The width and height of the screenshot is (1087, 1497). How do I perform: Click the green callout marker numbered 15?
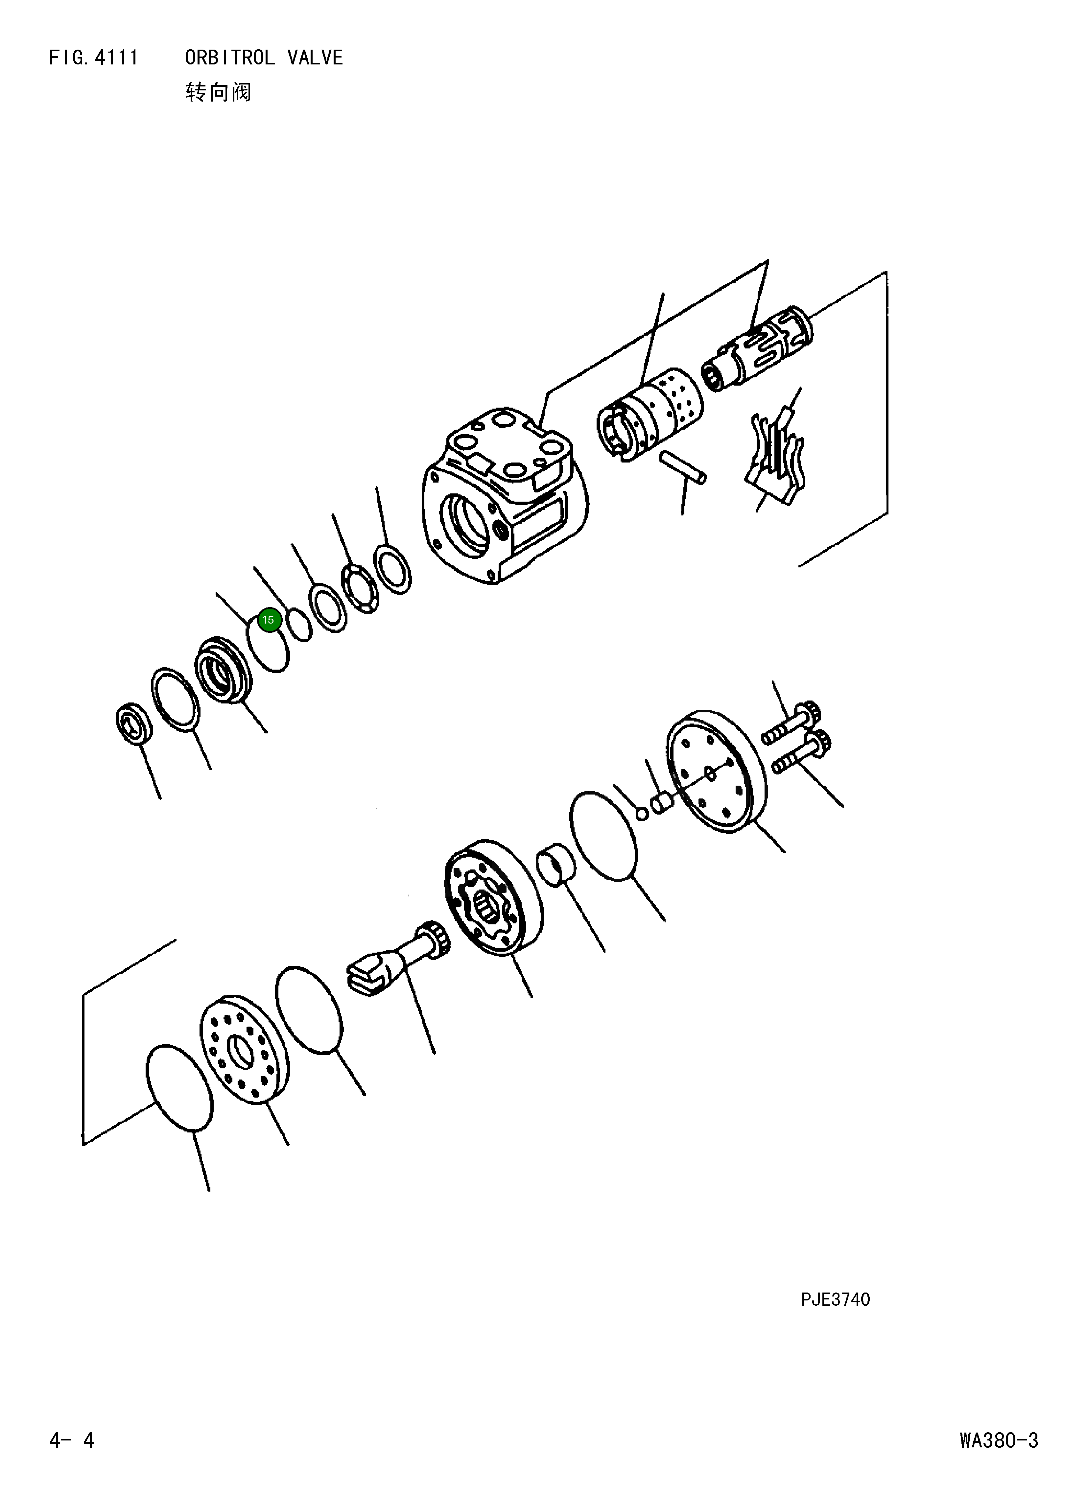coord(268,620)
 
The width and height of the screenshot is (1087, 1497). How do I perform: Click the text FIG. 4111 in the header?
coord(94,58)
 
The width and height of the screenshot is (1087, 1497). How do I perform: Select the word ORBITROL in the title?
coord(230,58)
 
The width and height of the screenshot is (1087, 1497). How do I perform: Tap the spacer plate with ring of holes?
coord(244,1050)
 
